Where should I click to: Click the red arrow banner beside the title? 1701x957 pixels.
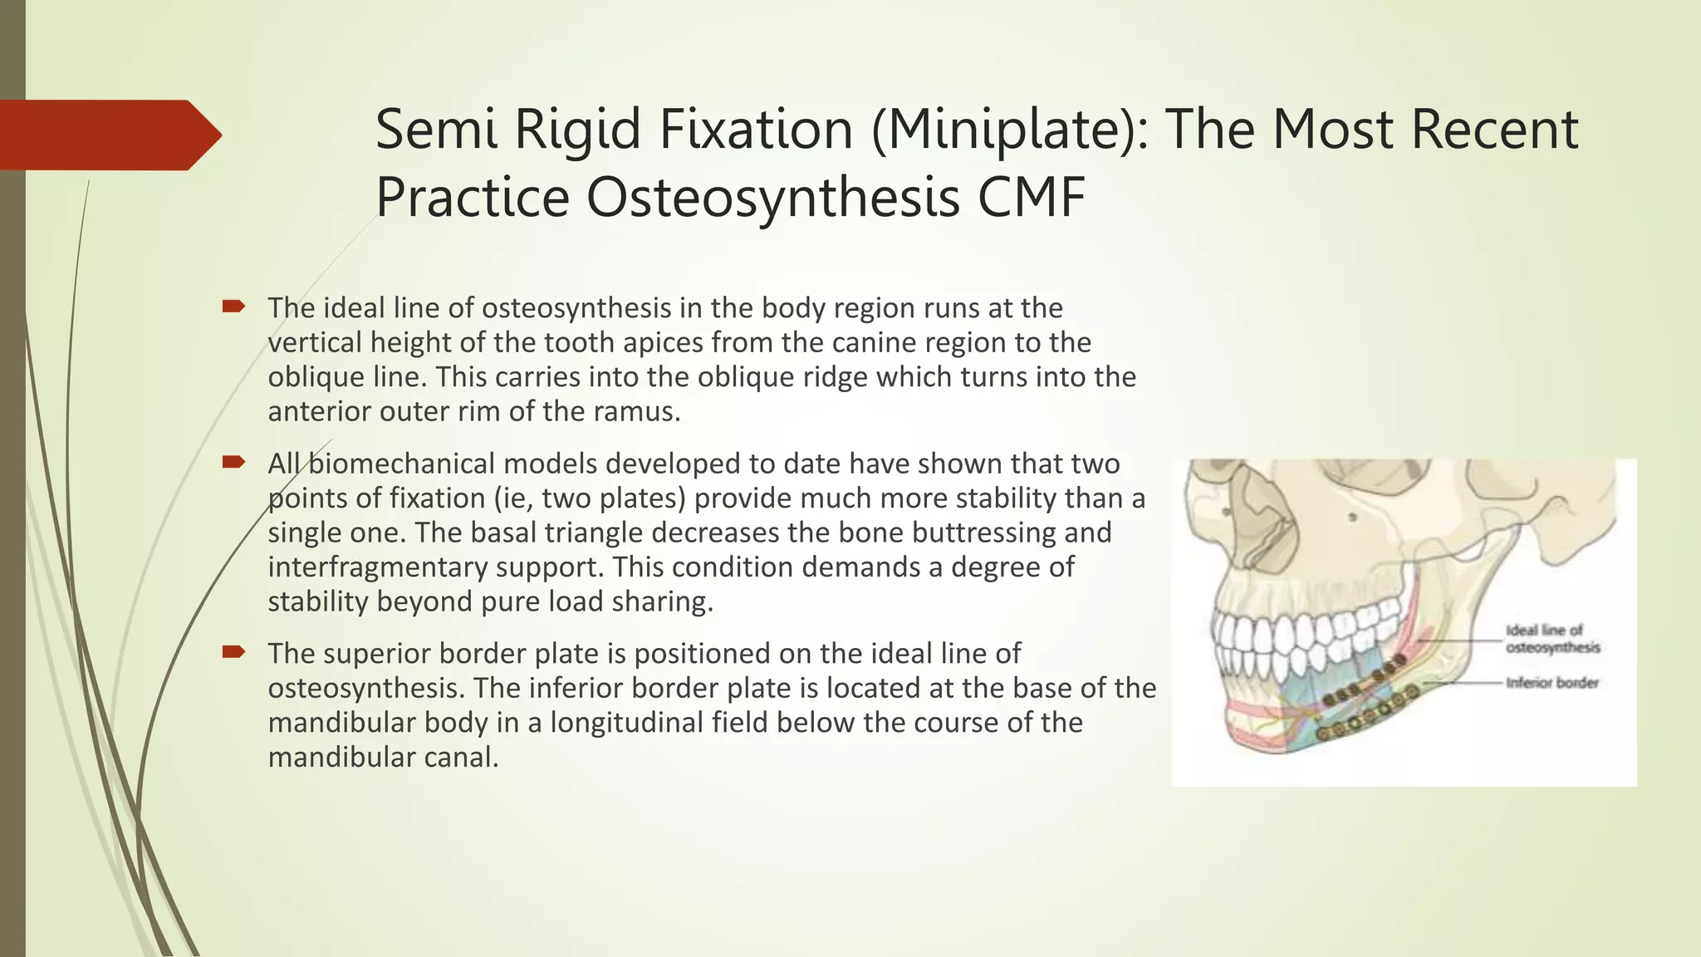pos(108,135)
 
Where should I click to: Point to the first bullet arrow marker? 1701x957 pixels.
pos(233,307)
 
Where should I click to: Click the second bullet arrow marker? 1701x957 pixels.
pos(233,463)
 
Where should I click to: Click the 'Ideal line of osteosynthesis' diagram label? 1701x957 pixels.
pos(1551,639)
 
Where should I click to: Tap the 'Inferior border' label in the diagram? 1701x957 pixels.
pos(1551,683)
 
